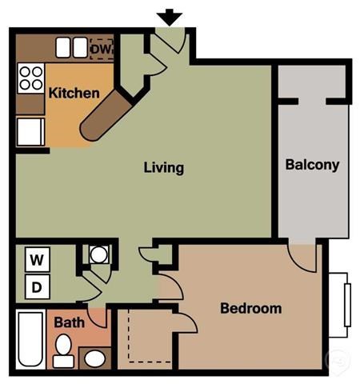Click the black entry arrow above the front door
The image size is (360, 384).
[170, 16]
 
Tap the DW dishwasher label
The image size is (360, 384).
[102, 49]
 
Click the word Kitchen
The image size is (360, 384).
[74, 93]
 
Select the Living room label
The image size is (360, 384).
[164, 168]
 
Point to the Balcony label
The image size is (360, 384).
[312, 166]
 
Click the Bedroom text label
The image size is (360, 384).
[250, 308]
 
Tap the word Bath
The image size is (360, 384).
[69, 323]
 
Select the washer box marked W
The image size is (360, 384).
[37, 259]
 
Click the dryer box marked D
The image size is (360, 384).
[37, 286]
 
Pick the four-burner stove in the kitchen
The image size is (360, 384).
[30, 78]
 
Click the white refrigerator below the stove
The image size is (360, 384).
[30, 130]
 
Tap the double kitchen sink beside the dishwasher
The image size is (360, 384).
[70, 48]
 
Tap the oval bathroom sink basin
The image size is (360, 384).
[94, 358]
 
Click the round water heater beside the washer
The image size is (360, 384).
[98, 255]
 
